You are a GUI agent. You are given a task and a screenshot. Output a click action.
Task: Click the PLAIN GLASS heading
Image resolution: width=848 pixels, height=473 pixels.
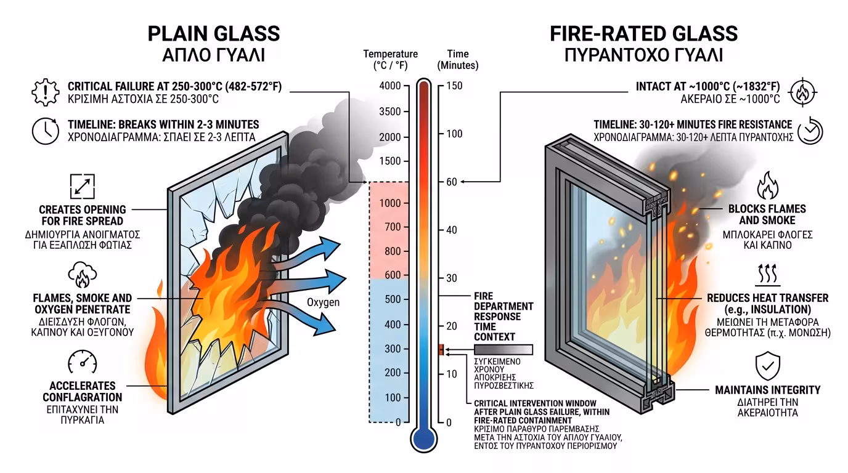pos(214,33)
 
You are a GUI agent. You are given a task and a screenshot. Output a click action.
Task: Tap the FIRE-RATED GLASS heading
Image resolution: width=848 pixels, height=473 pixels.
pos(643,33)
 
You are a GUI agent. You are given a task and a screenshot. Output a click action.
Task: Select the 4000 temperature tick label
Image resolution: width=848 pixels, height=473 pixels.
pos(389,86)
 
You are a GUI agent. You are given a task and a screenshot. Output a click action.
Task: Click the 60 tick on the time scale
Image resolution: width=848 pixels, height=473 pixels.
pos(451,182)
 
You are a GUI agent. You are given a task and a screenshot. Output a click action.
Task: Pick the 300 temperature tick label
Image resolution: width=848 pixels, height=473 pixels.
pos(392,349)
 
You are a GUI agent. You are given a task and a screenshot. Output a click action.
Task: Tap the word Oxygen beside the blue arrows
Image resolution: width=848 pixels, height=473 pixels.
pos(323,302)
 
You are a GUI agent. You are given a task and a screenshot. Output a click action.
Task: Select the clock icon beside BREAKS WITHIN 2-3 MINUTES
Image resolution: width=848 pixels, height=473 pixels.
pos(45,131)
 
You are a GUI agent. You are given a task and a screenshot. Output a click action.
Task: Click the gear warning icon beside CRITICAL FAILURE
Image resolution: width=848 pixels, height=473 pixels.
pos(45,92)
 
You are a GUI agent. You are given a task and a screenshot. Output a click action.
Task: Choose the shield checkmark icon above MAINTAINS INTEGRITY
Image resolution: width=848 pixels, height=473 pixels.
pos(767,366)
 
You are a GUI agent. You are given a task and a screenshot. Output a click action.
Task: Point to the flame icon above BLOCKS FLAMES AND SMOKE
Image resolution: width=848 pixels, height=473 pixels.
pos(767,185)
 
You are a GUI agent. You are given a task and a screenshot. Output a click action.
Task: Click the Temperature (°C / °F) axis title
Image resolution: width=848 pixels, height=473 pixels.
pos(390,60)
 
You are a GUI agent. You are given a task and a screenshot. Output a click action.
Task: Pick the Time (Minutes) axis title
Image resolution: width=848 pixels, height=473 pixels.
pos(458,60)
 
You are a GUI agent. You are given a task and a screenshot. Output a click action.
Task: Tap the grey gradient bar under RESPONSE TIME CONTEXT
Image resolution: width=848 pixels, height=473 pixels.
pos(503,350)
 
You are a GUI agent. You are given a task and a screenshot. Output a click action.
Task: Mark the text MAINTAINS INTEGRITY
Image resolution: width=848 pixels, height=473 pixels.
pos(767,390)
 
